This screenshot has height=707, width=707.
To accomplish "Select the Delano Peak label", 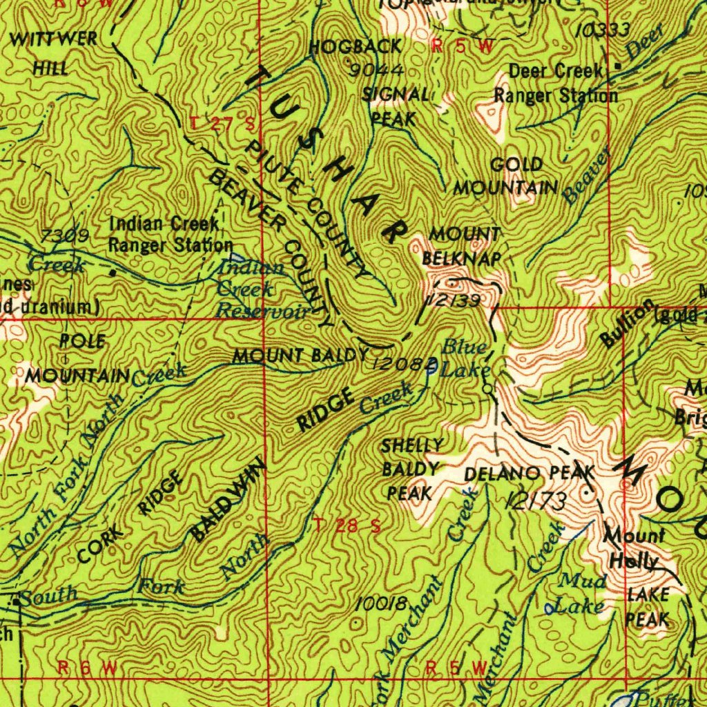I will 529,474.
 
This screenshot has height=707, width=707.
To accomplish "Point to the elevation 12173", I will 536,501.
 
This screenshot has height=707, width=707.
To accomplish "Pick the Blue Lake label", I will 465,358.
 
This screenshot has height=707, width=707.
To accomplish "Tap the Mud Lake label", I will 583,592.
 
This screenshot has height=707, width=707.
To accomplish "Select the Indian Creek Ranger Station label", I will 171,234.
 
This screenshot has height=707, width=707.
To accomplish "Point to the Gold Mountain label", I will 506,176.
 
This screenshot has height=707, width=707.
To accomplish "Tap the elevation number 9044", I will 376,70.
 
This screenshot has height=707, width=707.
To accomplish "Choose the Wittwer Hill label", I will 53,52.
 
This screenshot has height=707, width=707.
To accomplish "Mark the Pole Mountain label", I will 77,358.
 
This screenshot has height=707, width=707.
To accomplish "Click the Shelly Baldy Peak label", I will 412,469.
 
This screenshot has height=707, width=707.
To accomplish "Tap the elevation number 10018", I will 380,603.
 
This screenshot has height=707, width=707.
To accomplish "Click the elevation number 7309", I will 64,236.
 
